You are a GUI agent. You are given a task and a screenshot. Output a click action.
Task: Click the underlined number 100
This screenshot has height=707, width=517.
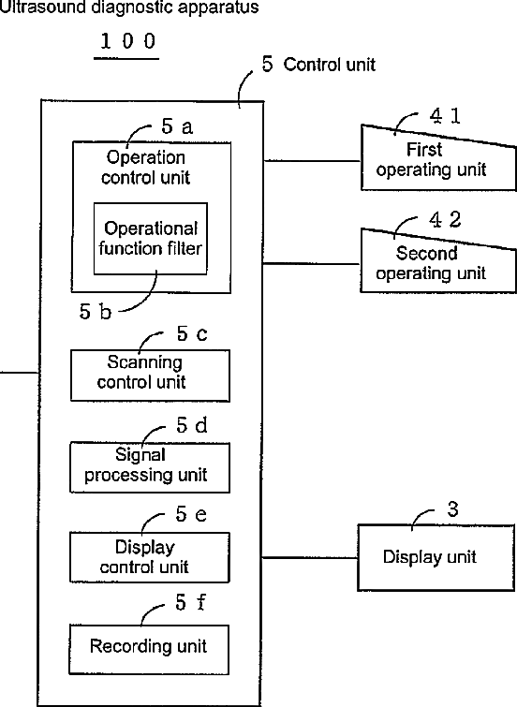[127, 41]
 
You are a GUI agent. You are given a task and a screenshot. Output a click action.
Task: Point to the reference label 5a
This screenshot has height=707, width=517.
[177, 126]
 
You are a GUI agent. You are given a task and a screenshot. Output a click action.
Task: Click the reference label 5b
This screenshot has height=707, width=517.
[96, 312]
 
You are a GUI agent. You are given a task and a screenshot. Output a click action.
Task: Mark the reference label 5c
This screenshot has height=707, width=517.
[192, 334]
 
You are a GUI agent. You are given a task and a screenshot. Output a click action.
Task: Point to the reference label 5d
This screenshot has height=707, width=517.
[192, 425]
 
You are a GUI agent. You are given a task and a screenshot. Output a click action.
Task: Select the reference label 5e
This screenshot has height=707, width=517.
[191, 514]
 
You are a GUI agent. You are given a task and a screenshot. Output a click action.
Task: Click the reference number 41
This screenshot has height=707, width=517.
[445, 116]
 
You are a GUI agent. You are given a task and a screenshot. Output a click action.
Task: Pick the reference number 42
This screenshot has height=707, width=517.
[445, 219]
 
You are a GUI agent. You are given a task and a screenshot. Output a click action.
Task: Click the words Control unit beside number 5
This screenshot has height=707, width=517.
[330, 65]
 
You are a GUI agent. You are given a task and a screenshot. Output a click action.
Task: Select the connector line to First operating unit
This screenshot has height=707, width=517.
[312, 160]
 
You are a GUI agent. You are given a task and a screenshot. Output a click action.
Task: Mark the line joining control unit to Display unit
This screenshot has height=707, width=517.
[310, 558]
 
